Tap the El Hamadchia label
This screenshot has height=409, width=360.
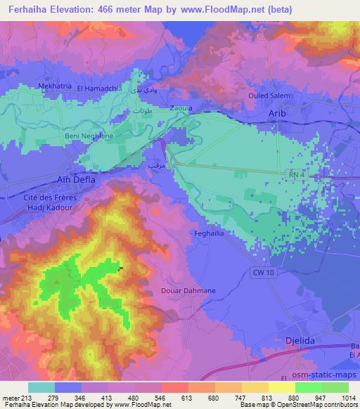coord(99,89)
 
